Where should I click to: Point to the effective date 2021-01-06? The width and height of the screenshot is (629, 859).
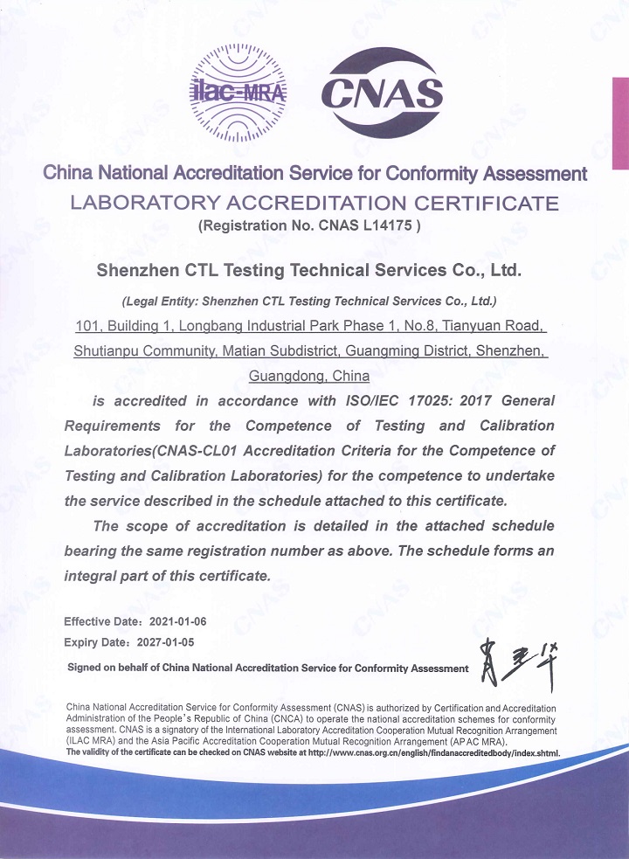tap(178, 622)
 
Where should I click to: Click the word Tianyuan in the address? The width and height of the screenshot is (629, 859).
tap(468, 327)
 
